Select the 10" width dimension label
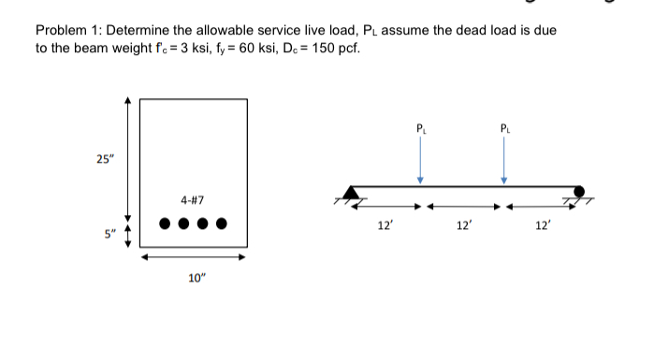[x=195, y=277]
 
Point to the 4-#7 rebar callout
[x=194, y=200]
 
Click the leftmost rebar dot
[x=165, y=224]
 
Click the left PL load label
[x=421, y=125]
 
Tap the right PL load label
[x=505, y=125]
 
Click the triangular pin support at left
[x=352, y=194]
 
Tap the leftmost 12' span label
[x=383, y=225]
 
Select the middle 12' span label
[x=463, y=225]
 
